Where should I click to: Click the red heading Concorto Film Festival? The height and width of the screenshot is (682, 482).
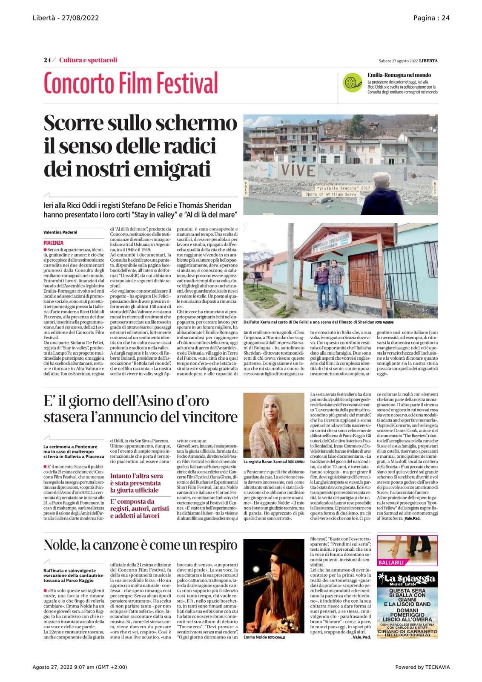(130, 83)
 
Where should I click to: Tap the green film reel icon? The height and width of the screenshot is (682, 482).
(352, 82)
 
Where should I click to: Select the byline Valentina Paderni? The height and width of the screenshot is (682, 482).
(60, 232)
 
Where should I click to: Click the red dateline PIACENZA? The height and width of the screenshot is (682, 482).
(53, 243)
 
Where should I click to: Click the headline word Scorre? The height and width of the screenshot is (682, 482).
(74, 123)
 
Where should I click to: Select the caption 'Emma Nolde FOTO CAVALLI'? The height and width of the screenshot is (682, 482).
(264, 637)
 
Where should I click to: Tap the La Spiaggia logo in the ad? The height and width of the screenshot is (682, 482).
(407, 579)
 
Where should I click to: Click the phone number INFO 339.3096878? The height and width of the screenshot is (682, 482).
(407, 635)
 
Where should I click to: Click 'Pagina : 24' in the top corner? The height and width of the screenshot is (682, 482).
(431, 18)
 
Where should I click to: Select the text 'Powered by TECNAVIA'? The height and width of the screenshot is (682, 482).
(422, 667)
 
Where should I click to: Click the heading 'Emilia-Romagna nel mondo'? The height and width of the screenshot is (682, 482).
(399, 75)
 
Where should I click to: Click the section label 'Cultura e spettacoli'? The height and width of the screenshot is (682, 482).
(88, 60)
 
